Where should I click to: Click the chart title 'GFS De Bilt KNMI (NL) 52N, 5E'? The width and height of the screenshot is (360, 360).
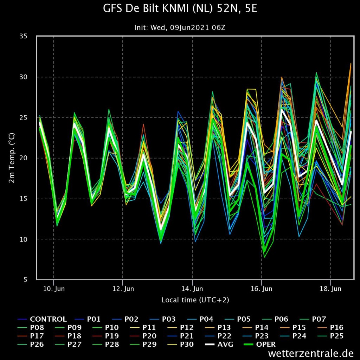click(x=180, y=8)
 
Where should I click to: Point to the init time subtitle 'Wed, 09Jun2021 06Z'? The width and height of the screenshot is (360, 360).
click(x=188, y=28)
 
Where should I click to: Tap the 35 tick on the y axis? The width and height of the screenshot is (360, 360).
click(x=23, y=36)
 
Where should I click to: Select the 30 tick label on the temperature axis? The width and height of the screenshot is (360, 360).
click(x=23, y=77)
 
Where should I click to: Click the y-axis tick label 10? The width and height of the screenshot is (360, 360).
click(x=23, y=239)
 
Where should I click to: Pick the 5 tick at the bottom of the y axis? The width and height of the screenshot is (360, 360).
click(x=25, y=279)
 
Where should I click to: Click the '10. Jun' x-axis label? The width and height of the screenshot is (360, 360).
click(x=54, y=289)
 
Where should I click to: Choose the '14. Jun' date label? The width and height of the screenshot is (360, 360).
click(x=192, y=289)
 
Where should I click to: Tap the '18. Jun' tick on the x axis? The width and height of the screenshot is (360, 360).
click(x=330, y=289)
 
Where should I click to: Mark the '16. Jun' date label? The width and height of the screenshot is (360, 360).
click(x=262, y=289)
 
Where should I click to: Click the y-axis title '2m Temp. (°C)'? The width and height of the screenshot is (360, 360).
click(x=12, y=158)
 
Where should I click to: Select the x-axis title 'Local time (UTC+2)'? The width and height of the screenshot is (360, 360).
click(x=195, y=300)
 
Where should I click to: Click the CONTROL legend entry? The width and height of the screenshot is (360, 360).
click(x=42, y=319)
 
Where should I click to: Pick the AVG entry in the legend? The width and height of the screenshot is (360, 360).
click(x=219, y=345)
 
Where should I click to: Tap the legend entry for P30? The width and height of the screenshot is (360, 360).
click(x=180, y=345)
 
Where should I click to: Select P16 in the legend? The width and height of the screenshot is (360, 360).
click(x=330, y=328)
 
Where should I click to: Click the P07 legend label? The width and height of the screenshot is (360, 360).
click(x=313, y=319)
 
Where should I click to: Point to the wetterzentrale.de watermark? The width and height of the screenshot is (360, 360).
click(x=311, y=353)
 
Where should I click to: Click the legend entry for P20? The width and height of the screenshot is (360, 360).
click(x=143, y=336)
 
